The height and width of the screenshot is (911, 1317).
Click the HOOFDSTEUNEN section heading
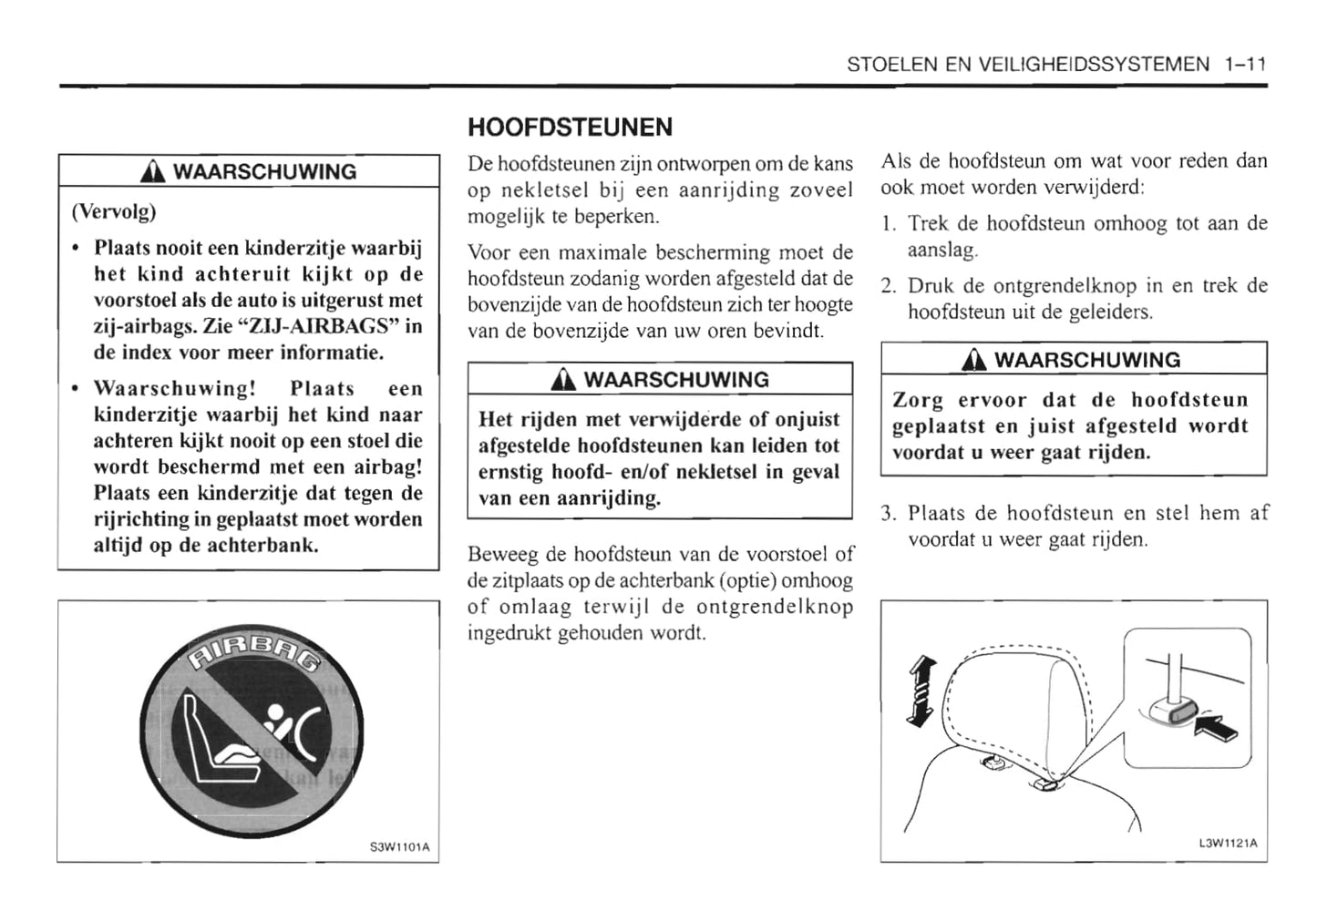click(x=570, y=127)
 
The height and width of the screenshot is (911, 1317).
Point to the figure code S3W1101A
click(x=399, y=848)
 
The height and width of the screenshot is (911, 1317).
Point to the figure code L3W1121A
click(x=1228, y=843)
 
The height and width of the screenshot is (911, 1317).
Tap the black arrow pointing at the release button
click(x=1219, y=727)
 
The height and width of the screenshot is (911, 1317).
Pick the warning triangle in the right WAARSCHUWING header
click(x=977, y=360)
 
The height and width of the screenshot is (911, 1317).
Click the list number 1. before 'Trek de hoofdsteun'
click(x=890, y=224)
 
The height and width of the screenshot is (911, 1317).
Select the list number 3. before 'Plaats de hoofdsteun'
click(x=890, y=514)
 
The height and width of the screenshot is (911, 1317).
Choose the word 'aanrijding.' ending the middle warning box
click(x=608, y=498)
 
